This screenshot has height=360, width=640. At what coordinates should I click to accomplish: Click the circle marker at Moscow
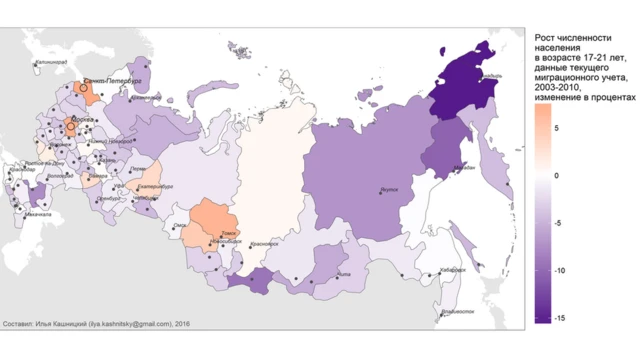click(x=71, y=127)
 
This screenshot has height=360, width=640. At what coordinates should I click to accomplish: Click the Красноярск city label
click(x=263, y=243)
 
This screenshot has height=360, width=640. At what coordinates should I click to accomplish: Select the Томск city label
click(x=227, y=233)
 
